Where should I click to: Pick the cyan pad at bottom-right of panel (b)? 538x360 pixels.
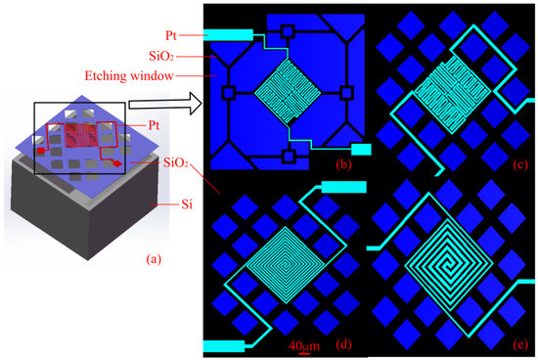362,150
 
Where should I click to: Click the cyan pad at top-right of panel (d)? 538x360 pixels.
344,186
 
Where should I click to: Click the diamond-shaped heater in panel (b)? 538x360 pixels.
288,92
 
